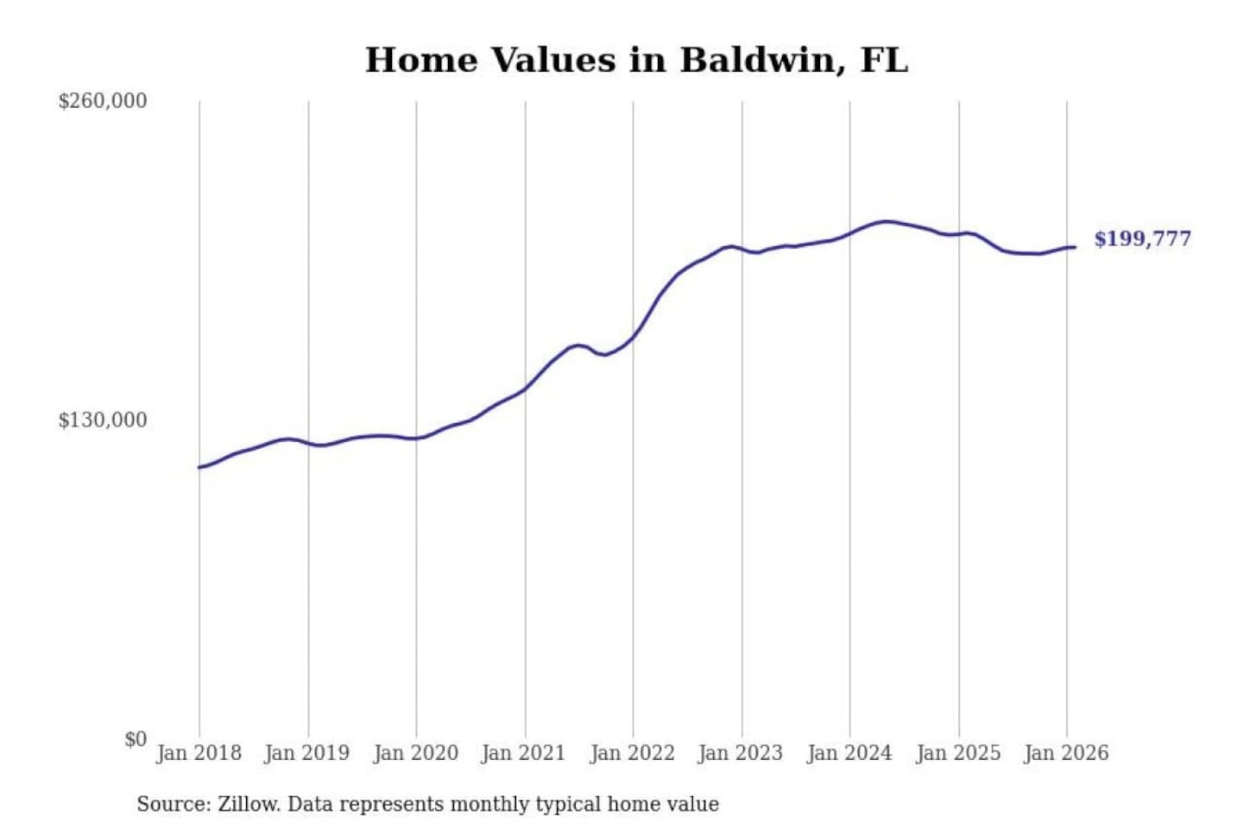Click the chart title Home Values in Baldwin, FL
(x=636, y=60)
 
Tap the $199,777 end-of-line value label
(x=1142, y=239)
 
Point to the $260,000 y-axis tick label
(x=103, y=101)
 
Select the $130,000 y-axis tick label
(x=103, y=421)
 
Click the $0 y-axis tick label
(x=136, y=739)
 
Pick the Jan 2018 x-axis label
(x=199, y=753)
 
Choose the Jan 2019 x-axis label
(x=306, y=753)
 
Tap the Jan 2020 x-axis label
(x=415, y=753)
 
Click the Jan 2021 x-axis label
(x=523, y=753)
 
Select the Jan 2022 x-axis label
(x=632, y=753)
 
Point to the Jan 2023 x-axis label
(x=740, y=753)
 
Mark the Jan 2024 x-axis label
(x=849, y=753)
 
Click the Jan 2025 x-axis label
(x=957, y=753)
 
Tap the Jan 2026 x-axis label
(x=1065, y=753)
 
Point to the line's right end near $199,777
(x=1075, y=248)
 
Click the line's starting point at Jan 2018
(x=199, y=467)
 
